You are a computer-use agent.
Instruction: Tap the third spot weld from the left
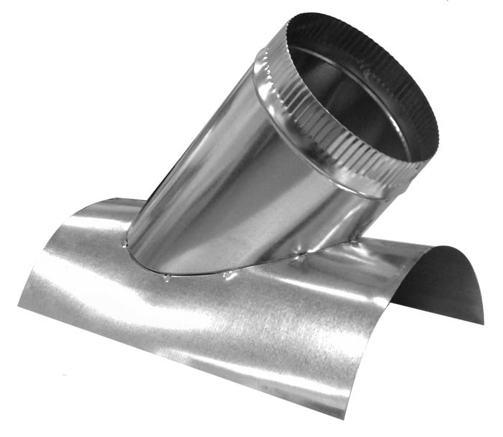click(x=227, y=275)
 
